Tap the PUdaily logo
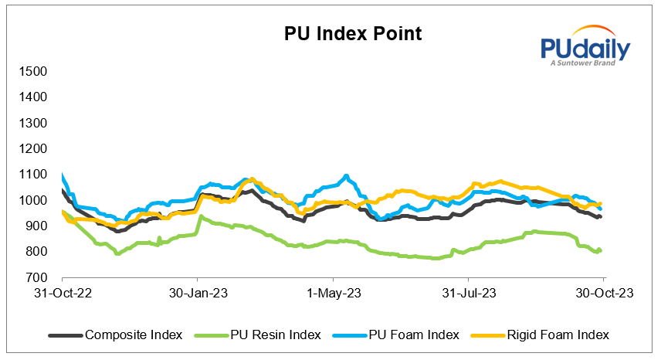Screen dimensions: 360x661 click(x=585, y=53)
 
